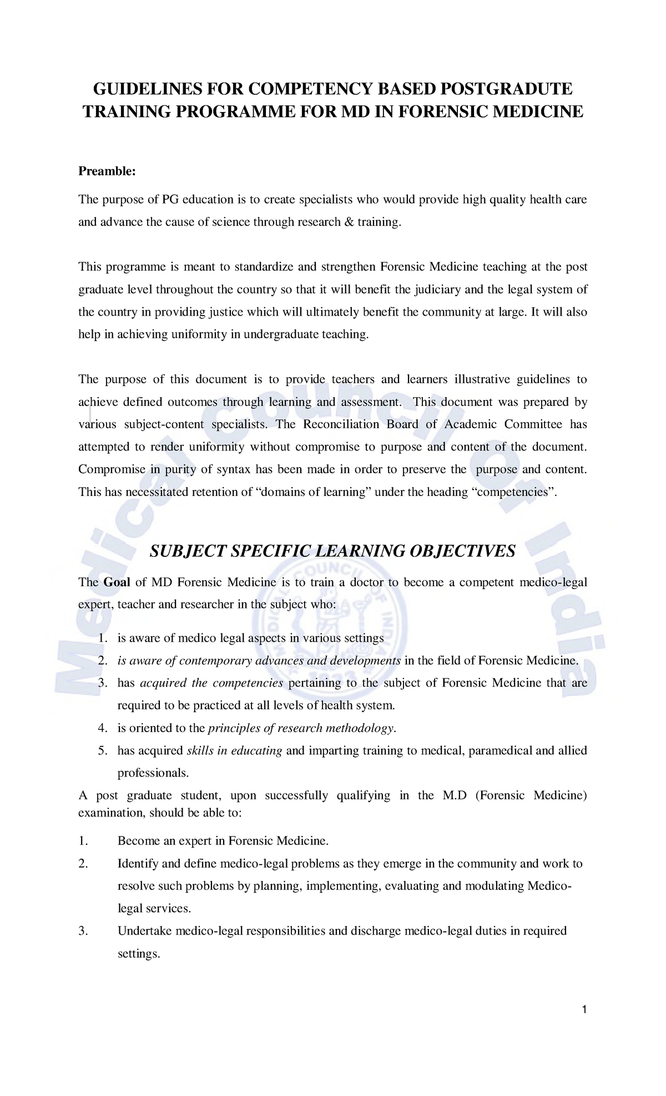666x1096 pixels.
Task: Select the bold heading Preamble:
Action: tap(107, 171)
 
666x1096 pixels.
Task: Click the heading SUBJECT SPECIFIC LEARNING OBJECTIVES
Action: tap(333, 551)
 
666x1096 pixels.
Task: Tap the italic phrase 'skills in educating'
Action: tap(234, 751)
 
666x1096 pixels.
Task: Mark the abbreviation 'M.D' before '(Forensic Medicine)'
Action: tap(455, 796)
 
